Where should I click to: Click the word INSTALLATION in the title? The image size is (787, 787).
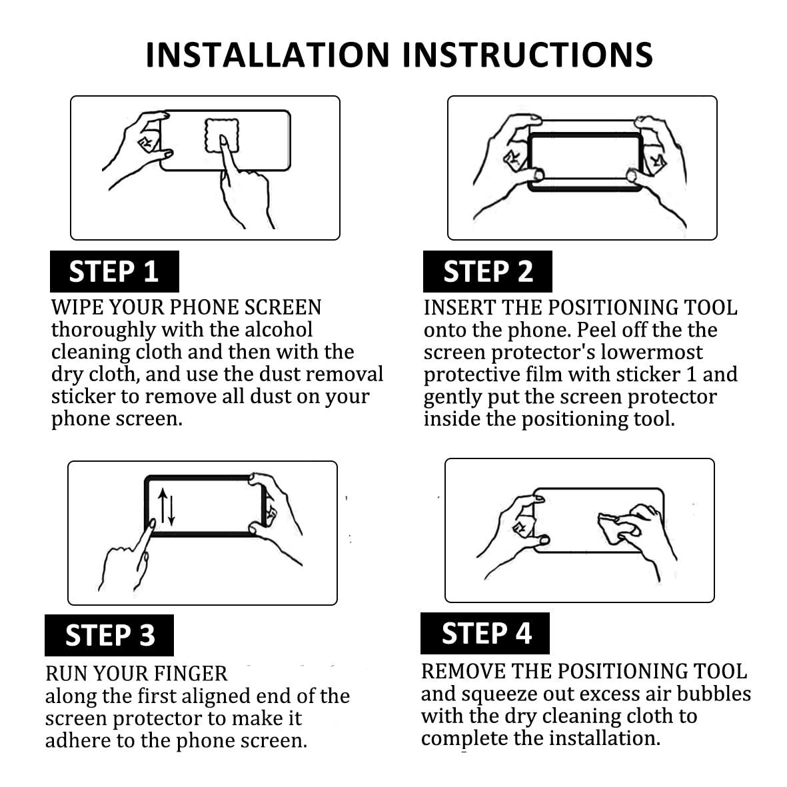[x=267, y=55]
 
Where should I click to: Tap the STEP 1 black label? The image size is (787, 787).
[x=115, y=271]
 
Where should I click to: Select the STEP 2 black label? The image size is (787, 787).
[x=487, y=271]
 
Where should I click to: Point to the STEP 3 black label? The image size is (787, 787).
[x=109, y=635]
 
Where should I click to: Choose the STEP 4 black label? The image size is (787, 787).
[x=485, y=633]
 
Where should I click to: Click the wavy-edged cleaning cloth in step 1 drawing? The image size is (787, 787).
[x=221, y=135]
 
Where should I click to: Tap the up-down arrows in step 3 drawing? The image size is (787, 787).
[x=166, y=507]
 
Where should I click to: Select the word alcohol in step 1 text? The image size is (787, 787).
[x=279, y=330]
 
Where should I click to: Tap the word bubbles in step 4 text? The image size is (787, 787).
[x=714, y=694]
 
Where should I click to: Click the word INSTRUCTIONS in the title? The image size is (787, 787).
[x=528, y=55]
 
